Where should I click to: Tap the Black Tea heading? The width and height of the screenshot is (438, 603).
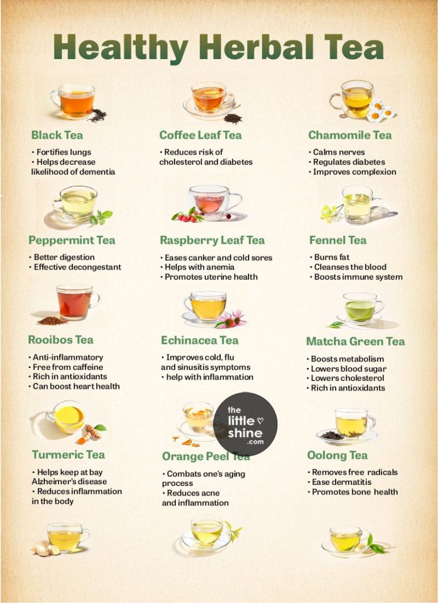pyautogui.click(x=57, y=135)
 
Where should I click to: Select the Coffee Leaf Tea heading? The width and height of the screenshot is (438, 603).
pyautogui.click(x=200, y=135)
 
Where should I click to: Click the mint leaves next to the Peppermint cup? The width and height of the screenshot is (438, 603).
pyautogui.click(x=102, y=217)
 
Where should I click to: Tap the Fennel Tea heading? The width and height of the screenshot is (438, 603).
pyautogui.click(x=338, y=240)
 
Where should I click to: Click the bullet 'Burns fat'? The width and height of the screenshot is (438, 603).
pyautogui.click(x=332, y=257)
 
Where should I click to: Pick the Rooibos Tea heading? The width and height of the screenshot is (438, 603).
pyautogui.click(x=60, y=340)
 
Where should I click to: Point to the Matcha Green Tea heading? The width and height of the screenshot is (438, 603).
pyautogui.click(x=356, y=342)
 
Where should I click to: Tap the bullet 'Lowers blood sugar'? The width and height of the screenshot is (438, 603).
pyautogui.click(x=348, y=369)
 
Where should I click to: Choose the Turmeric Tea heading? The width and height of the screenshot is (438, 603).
pyautogui.click(x=68, y=455)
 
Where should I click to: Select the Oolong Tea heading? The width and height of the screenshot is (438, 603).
pyautogui.click(x=337, y=455)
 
